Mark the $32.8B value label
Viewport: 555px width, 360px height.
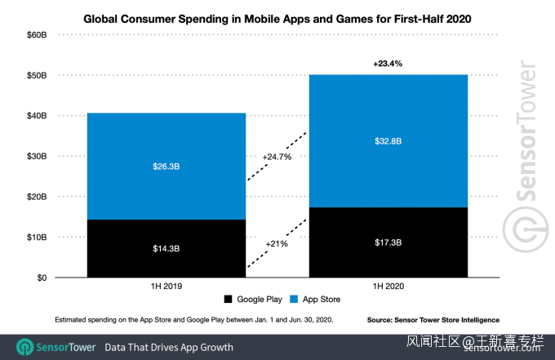388,140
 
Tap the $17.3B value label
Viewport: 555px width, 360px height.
388,242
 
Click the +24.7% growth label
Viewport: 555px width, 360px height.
277,156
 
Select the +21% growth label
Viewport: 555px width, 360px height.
277,243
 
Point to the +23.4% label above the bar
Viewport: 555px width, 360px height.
388,63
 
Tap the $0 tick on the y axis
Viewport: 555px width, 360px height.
39,278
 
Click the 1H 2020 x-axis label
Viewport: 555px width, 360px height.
388,287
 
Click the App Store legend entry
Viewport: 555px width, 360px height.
315,300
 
